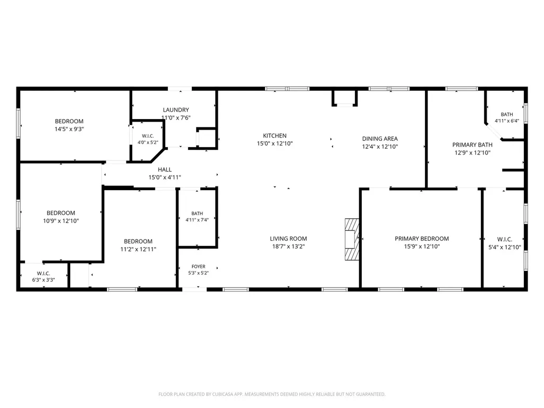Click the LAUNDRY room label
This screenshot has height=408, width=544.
point(176,109)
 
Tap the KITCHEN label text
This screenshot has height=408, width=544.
point(275,135)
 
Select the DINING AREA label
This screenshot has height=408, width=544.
point(380,139)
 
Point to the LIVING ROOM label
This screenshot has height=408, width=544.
point(288,239)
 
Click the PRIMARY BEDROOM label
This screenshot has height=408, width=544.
point(422,239)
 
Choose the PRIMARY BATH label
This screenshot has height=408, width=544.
point(472,144)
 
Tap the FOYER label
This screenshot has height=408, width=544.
point(199,267)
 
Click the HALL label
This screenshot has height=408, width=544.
point(165,169)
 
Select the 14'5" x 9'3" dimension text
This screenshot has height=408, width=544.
point(69,129)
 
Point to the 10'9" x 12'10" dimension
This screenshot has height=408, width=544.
point(61,220)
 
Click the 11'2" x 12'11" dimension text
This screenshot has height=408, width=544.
point(138,249)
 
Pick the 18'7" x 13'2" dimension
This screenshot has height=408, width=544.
point(288,246)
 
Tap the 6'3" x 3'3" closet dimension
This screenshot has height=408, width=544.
point(44,279)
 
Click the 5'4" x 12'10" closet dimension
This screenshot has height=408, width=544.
point(505,247)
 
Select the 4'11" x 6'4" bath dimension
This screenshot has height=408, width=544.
point(507,121)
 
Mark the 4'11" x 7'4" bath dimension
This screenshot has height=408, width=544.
point(197,219)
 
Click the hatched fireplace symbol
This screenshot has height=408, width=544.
point(352,240)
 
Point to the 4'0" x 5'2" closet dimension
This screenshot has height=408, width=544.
point(148,142)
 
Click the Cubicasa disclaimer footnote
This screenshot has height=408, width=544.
point(271,394)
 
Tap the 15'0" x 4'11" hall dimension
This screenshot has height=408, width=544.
point(165,177)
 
